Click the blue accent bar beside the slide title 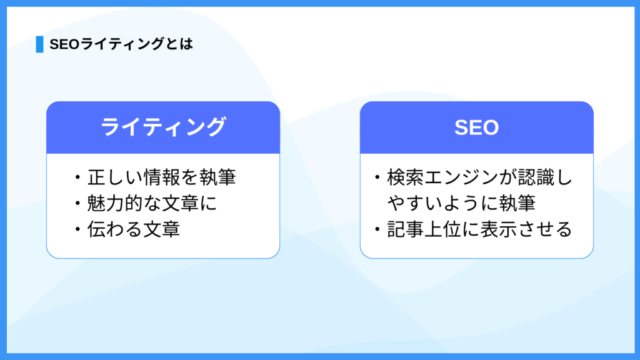point(39,44)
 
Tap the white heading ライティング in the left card point(163,126)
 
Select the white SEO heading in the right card point(476,127)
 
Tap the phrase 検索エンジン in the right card point(437,177)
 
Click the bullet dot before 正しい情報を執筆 point(77,177)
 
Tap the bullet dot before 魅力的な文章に point(77,203)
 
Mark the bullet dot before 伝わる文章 point(77,229)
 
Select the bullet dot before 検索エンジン point(377,177)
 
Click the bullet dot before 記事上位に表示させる point(377,229)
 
